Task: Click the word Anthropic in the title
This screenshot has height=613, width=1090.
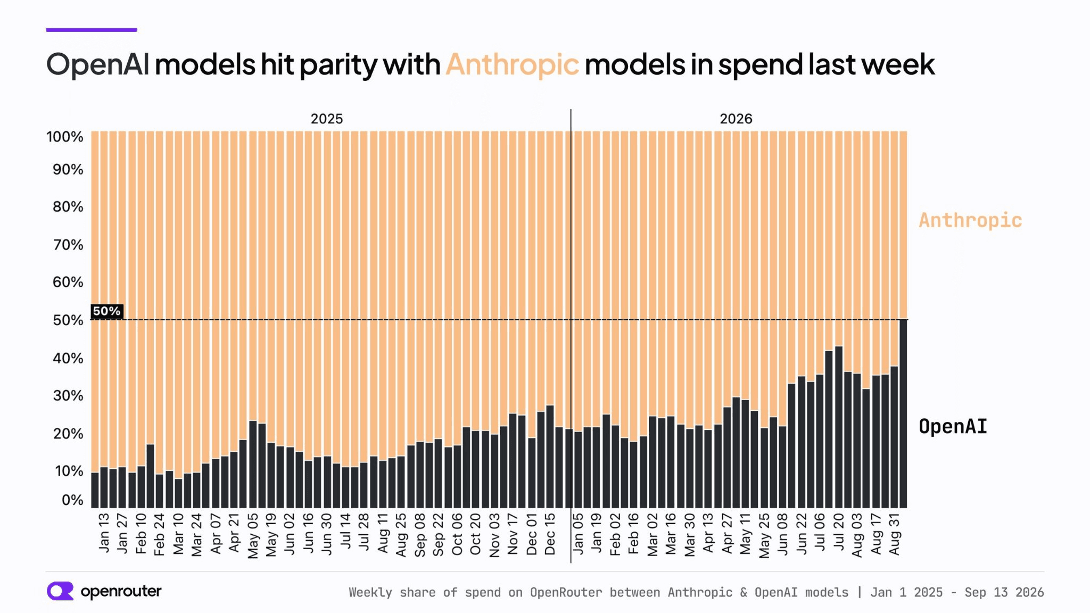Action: pyautogui.click(x=512, y=65)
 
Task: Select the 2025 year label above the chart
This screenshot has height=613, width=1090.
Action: pyautogui.click(x=327, y=119)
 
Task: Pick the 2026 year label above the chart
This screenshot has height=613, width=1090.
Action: pyautogui.click(x=736, y=119)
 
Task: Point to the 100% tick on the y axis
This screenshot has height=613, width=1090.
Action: pyautogui.click(x=65, y=137)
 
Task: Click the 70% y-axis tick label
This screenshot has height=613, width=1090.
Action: pyautogui.click(x=68, y=245)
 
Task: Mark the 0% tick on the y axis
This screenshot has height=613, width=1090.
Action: pyautogui.click(x=72, y=500)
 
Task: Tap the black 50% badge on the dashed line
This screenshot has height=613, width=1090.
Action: pyautogui.click(x=107, y=311)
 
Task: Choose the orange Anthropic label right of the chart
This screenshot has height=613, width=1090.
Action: pyautogui.click(x=970, y=220)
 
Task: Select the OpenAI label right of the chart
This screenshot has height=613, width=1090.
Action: pyautogui.click(x=953, y=426)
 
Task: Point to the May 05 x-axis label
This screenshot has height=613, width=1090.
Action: pyautogui.click(x=253, y=535)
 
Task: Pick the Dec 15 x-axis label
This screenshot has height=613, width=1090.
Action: pyautogui.click(x=550, y=534)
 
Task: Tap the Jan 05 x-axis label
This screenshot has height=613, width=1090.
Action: pyautogui.click(x=578, y=533)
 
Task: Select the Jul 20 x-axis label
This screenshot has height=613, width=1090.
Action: pyautogui.click(x=839, y=532)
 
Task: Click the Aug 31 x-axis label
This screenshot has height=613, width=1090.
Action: pyautogui.click(x=894, y=534)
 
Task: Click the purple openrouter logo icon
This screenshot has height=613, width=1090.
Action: pyautogui.click(x=60, y=591)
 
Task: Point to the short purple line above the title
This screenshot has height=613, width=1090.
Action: pyautogui.click(x=92, y=30)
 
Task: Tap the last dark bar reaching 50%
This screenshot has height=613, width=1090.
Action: pyautogui.click(x=903, y=413)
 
